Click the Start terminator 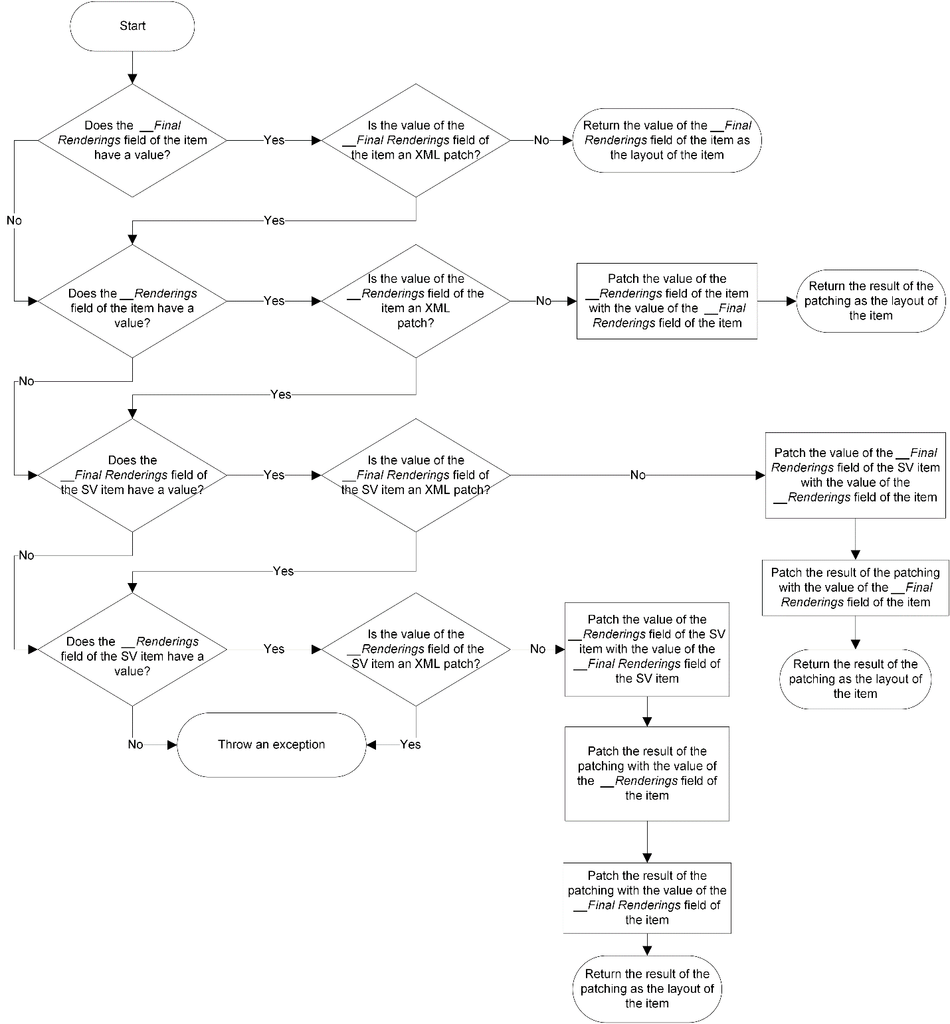[132, 27]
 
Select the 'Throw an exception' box [271, 744]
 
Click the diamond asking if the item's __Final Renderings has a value [132, 140]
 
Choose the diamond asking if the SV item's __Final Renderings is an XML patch [416, 475]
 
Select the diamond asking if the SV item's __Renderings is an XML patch [416, 649]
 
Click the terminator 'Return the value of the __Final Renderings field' [667, 140]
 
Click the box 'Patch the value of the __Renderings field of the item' [667, 301]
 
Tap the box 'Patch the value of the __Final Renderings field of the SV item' [855, 475]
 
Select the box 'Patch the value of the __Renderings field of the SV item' [646, 649]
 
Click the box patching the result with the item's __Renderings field [646, 773]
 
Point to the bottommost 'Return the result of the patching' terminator [646, 988]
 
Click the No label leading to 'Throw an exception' [136, 744]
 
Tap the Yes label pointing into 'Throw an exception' [411, 744]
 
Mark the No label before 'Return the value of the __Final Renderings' [541, 140]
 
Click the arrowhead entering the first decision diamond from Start [132, 78]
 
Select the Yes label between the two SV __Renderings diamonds [274, 649]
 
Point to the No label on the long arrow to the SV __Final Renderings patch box [637, 475]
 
